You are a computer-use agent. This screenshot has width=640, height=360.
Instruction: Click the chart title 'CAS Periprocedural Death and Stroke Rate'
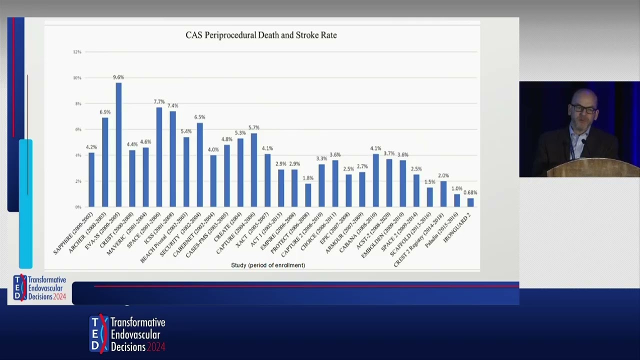click(261, 35)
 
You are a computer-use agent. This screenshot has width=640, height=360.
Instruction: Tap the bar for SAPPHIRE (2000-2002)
click(91, 179)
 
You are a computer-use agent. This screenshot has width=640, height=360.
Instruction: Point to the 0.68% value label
click(470, 192)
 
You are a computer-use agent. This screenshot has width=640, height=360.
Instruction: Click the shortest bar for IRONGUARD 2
click(470, 202)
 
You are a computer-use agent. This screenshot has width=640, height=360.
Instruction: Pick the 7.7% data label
click(159, 102)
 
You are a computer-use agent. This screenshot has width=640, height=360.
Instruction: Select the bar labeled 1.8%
click(308, 195)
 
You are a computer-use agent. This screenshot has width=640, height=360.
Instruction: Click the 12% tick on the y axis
click(77, 52)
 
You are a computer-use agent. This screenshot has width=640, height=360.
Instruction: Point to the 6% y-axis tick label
click(77, 129)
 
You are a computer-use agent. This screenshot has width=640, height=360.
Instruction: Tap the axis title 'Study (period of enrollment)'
click(268, 265)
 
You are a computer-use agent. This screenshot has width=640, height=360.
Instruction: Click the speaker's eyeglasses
click(583, 109)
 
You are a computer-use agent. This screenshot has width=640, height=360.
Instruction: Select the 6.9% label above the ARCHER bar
click(105, 112)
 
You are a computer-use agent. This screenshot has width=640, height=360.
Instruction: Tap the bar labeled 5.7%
click(254, 170)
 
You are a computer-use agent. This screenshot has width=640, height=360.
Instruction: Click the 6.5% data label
click(199, 117)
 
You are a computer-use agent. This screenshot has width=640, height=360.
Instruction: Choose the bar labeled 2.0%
click(443, 193)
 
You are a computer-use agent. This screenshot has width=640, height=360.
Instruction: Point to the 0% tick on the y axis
click(77, 207)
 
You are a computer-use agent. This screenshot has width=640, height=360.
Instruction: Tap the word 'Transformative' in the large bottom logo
click(138, 322)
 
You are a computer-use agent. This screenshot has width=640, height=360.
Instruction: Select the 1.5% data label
click(430, 182)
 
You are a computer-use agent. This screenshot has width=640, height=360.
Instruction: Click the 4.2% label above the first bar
click(91, 147)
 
